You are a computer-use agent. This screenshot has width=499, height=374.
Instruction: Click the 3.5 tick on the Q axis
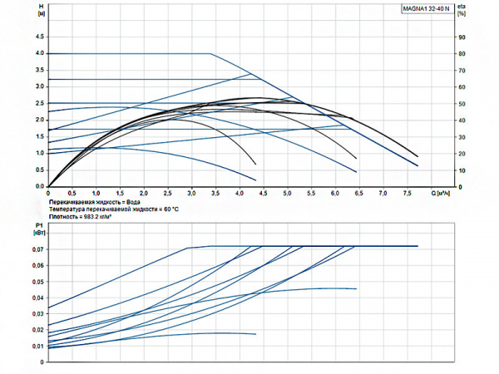215,193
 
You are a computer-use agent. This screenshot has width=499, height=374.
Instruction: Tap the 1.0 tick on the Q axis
96,193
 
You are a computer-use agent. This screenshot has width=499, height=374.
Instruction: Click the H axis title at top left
42,10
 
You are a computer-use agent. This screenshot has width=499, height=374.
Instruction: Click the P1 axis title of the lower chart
37,229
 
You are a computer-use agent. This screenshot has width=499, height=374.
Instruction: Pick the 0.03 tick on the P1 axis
37,314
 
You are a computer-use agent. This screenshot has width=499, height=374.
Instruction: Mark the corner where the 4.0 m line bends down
210,54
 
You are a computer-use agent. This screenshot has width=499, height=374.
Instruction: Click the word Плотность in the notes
64,216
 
